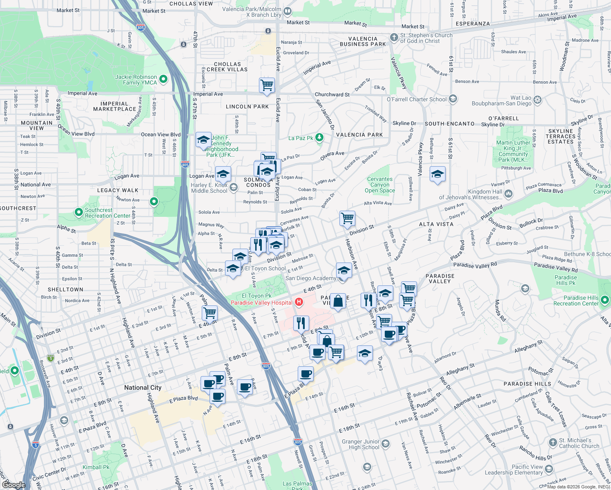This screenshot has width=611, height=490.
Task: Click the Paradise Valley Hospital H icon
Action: coord(299,302)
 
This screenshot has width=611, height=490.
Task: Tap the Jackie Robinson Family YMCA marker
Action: coord(163,79)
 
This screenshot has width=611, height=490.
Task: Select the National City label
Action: coord(143,388)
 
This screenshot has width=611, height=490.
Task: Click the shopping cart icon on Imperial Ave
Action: coord(267,85)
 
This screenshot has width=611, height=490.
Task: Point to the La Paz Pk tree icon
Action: coord(319,138)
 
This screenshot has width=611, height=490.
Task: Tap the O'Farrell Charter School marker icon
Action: coord(453,99)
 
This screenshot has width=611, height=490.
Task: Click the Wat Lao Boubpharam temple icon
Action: coord(537,100)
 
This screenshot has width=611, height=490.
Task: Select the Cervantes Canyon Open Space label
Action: coord(380,185)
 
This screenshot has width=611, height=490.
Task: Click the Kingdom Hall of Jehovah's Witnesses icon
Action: coord(508,194)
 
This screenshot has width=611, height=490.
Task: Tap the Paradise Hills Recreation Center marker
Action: coord(605,300)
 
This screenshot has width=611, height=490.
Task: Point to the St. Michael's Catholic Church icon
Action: coord(553,443)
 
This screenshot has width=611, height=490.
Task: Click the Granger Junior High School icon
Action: coord(386,444)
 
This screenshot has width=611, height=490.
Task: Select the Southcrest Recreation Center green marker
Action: coord(79,212)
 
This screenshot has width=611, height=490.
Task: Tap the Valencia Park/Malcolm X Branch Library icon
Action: coord(288,11)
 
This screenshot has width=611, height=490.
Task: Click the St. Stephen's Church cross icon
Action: coord(394,38)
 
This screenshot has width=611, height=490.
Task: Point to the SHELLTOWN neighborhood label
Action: coord(65,290)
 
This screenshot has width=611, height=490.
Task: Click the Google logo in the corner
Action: coord(13,485)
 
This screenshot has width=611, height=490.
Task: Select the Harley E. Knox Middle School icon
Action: coord(234,187)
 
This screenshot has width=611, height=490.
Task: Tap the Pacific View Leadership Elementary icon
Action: coord(549,469)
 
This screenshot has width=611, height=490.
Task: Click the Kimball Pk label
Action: coord(96,467)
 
